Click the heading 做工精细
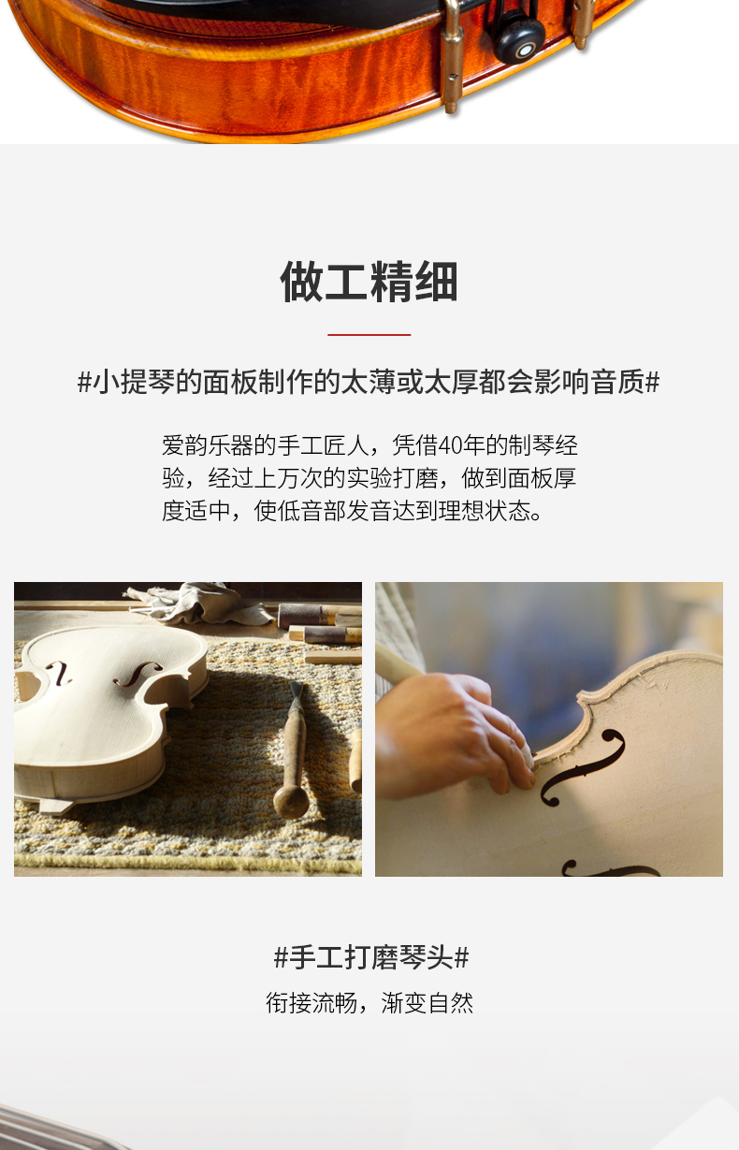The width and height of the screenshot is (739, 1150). tap(369, 282)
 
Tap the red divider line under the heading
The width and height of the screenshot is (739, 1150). tap(369, 334)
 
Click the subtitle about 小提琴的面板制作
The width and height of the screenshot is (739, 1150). tap(369, 382)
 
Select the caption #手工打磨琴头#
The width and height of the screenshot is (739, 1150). tap(371, 957)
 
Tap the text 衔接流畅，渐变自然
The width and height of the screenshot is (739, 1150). tap(369, 1002)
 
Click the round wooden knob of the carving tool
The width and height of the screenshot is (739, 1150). tap(291, 801)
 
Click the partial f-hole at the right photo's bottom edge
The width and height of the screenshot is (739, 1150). tap(611, 869)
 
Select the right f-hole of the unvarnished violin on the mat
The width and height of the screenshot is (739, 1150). tap(138, 673)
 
